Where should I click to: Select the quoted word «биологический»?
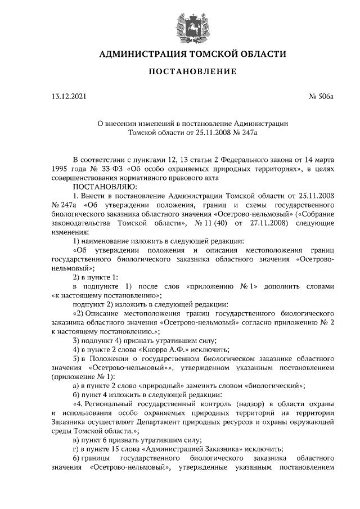(x=276, y=385)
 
